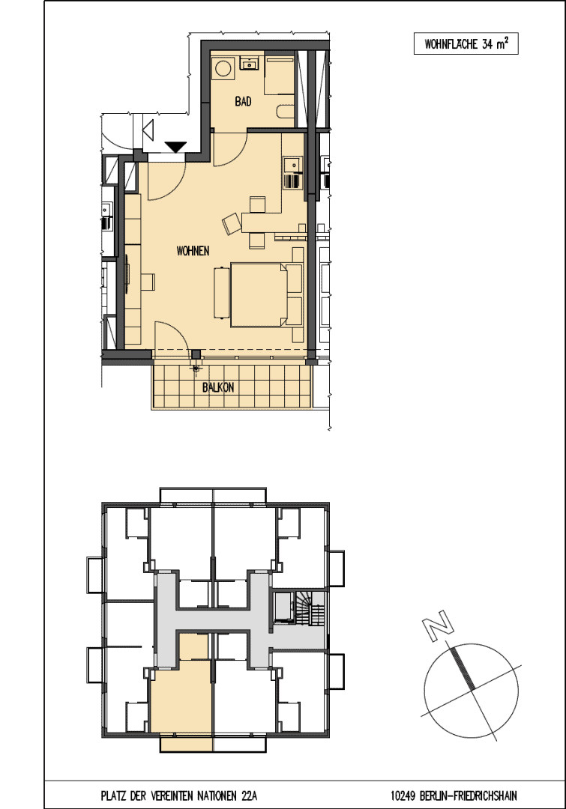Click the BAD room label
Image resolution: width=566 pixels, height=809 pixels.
pos(243,101)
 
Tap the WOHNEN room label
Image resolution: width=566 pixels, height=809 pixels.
pos(193,251)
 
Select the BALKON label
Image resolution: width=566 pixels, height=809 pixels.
pos(218,387)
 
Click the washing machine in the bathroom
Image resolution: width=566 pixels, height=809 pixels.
pos(223,68)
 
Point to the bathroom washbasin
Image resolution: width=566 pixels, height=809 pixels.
pos(250,64)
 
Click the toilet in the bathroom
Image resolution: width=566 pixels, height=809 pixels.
pos(286,112)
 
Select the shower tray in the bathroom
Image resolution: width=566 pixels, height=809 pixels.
pos(280,76)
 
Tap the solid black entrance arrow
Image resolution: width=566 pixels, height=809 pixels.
pos(175,147)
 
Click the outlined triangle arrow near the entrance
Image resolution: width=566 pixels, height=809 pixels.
pos(148,129)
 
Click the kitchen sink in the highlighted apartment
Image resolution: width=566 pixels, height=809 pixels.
pos(293,165)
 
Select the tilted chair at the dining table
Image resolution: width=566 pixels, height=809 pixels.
pos(232,223)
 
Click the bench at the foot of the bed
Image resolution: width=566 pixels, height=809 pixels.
pos(222,292)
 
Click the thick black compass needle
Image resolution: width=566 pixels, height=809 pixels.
pos(463,668)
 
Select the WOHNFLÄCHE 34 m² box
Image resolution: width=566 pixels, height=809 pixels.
pos(466,44)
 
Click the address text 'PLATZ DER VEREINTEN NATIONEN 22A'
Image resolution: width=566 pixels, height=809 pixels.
pos(178,796)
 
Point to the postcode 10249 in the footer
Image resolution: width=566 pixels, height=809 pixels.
pos(403,796)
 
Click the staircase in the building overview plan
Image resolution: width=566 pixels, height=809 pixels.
pos(310,608)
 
